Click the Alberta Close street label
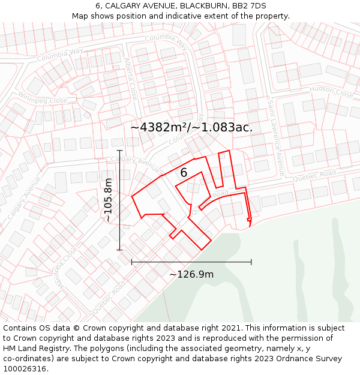click(x=131, y=79)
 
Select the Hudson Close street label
click(x=331, y=92)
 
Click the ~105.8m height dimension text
click(x=108, y=200)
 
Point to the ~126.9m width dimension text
click(x=191, y=274)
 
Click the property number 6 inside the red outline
click(x=184, y=173)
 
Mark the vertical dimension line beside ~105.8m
click(x=119, y=200)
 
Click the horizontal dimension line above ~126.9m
click(x=191, y=262)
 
